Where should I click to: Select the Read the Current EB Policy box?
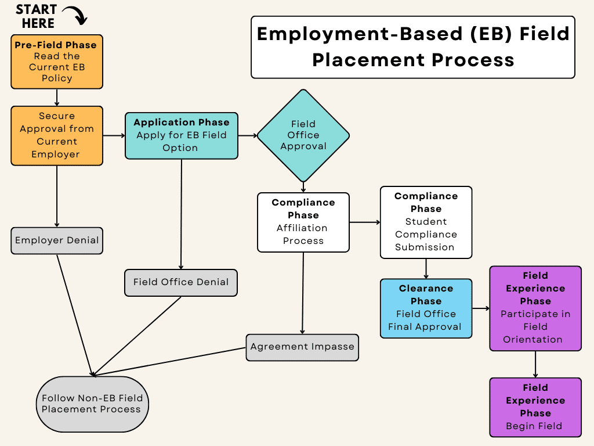[x=57, y=62]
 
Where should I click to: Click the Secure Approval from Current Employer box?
[x=57, y=135]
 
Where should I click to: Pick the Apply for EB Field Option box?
[x=181, y=135]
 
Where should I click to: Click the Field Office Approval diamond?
[x=303, y=135]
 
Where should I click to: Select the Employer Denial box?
[x=57, y=240]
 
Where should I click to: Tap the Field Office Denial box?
[x=181, y=282]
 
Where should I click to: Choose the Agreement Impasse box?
[x=302, y=347]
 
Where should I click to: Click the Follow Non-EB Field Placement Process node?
[x=92, y=404]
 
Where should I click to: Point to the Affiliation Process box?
[x=303, y=222]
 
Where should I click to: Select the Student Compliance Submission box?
[x=426, y=222]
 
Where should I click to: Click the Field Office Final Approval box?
[x=426, y=308]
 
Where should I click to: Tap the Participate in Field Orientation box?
[x=535, y=308]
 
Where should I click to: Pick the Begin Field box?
[x=535, y=407]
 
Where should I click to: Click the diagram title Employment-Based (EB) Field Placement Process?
[x=413, y=46]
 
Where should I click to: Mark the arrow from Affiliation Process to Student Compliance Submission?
[x=364, y=222]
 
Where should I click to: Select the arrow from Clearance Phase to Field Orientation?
[x=481, y=308]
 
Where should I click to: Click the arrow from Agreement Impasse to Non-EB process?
[x=168, y=361]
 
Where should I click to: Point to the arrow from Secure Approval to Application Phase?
[x=114, y=135]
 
